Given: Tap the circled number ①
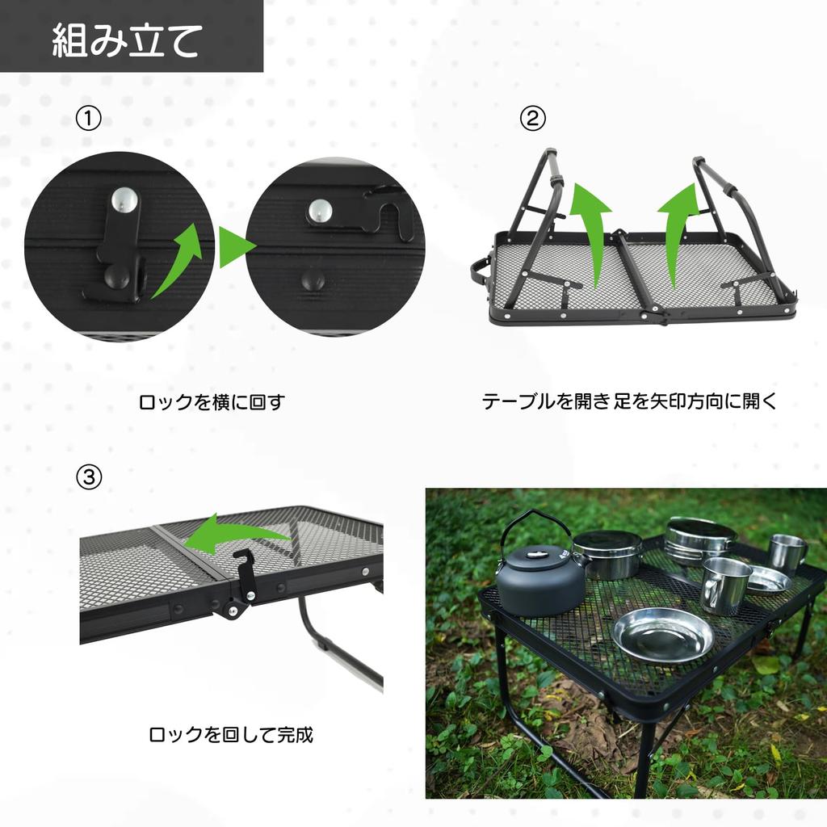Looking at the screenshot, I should [x=88, y=119].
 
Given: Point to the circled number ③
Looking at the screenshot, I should [x=88, y=477].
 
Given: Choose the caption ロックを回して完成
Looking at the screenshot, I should [x=231, y=735].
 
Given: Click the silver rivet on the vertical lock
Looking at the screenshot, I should [x=124, y=199].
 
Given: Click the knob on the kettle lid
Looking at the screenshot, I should [x=535, y=553].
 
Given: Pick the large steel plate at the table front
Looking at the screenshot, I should [x=662, y=634].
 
